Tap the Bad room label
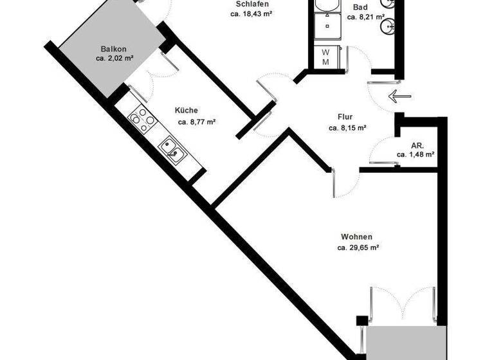[360, 7]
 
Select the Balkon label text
[114, 49]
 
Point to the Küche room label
[187, 110]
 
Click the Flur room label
[345, 117]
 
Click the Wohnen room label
[358, 237]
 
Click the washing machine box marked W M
[325, 57]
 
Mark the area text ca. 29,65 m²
[358, 247]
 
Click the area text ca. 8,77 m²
[196, 121]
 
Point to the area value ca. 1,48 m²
[416, 154]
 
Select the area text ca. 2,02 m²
[114, 59]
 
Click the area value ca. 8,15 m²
[347, 128]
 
